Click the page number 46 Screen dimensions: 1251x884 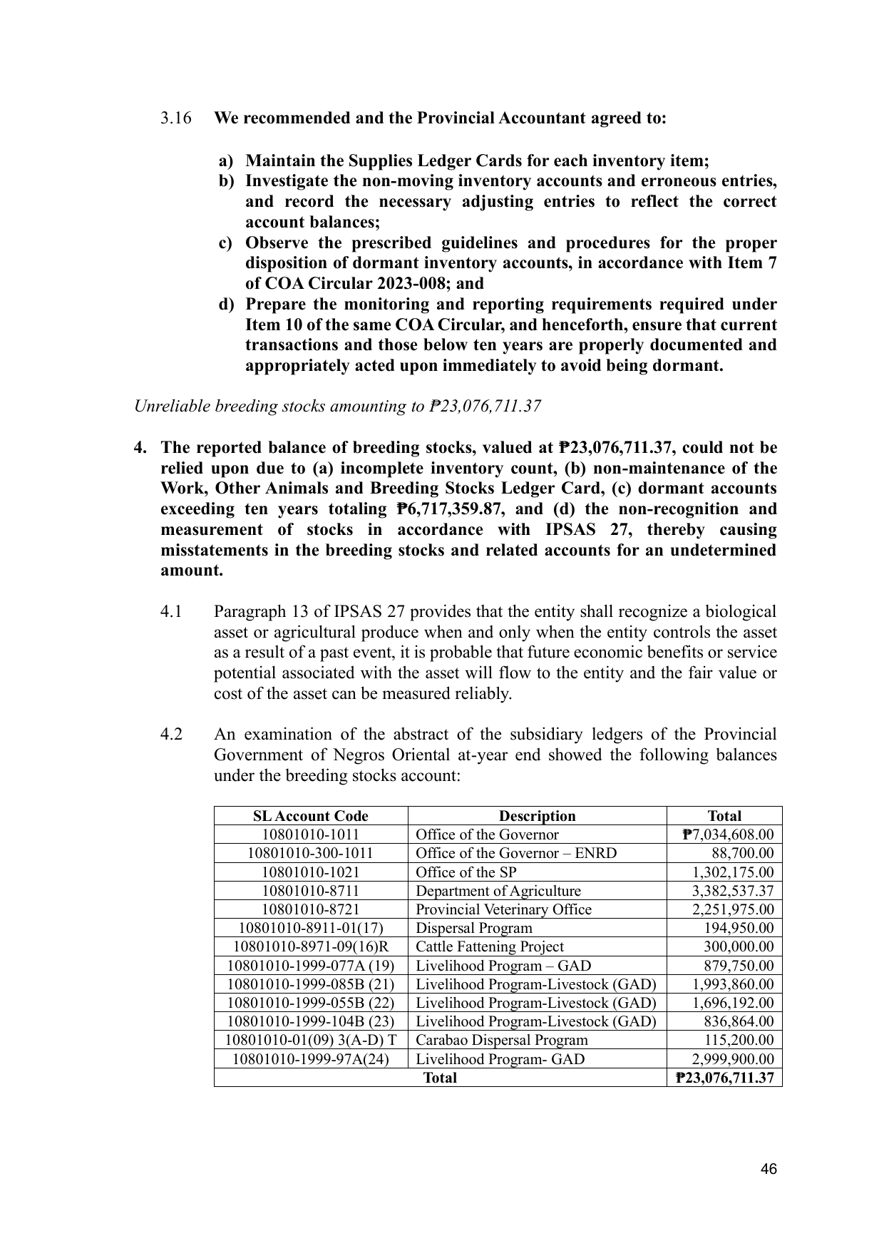coord(769,1169)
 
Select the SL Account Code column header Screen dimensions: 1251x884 coord(311,816)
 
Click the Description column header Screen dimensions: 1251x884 coord(537,816)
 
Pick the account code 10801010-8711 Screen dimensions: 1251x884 coord(311,891)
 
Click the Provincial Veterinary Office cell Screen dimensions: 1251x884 coord(503,909)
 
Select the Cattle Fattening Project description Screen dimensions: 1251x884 coord(489,946)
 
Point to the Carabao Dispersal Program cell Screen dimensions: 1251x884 coord(501,1040)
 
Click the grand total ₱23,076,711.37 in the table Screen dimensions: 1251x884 coord(724,1078)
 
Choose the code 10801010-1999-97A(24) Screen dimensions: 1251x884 coord(311,1059)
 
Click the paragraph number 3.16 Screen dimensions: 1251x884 coord(175,118)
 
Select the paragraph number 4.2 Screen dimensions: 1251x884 coord(171,735)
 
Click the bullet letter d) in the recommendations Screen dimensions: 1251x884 coord(226,305)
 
